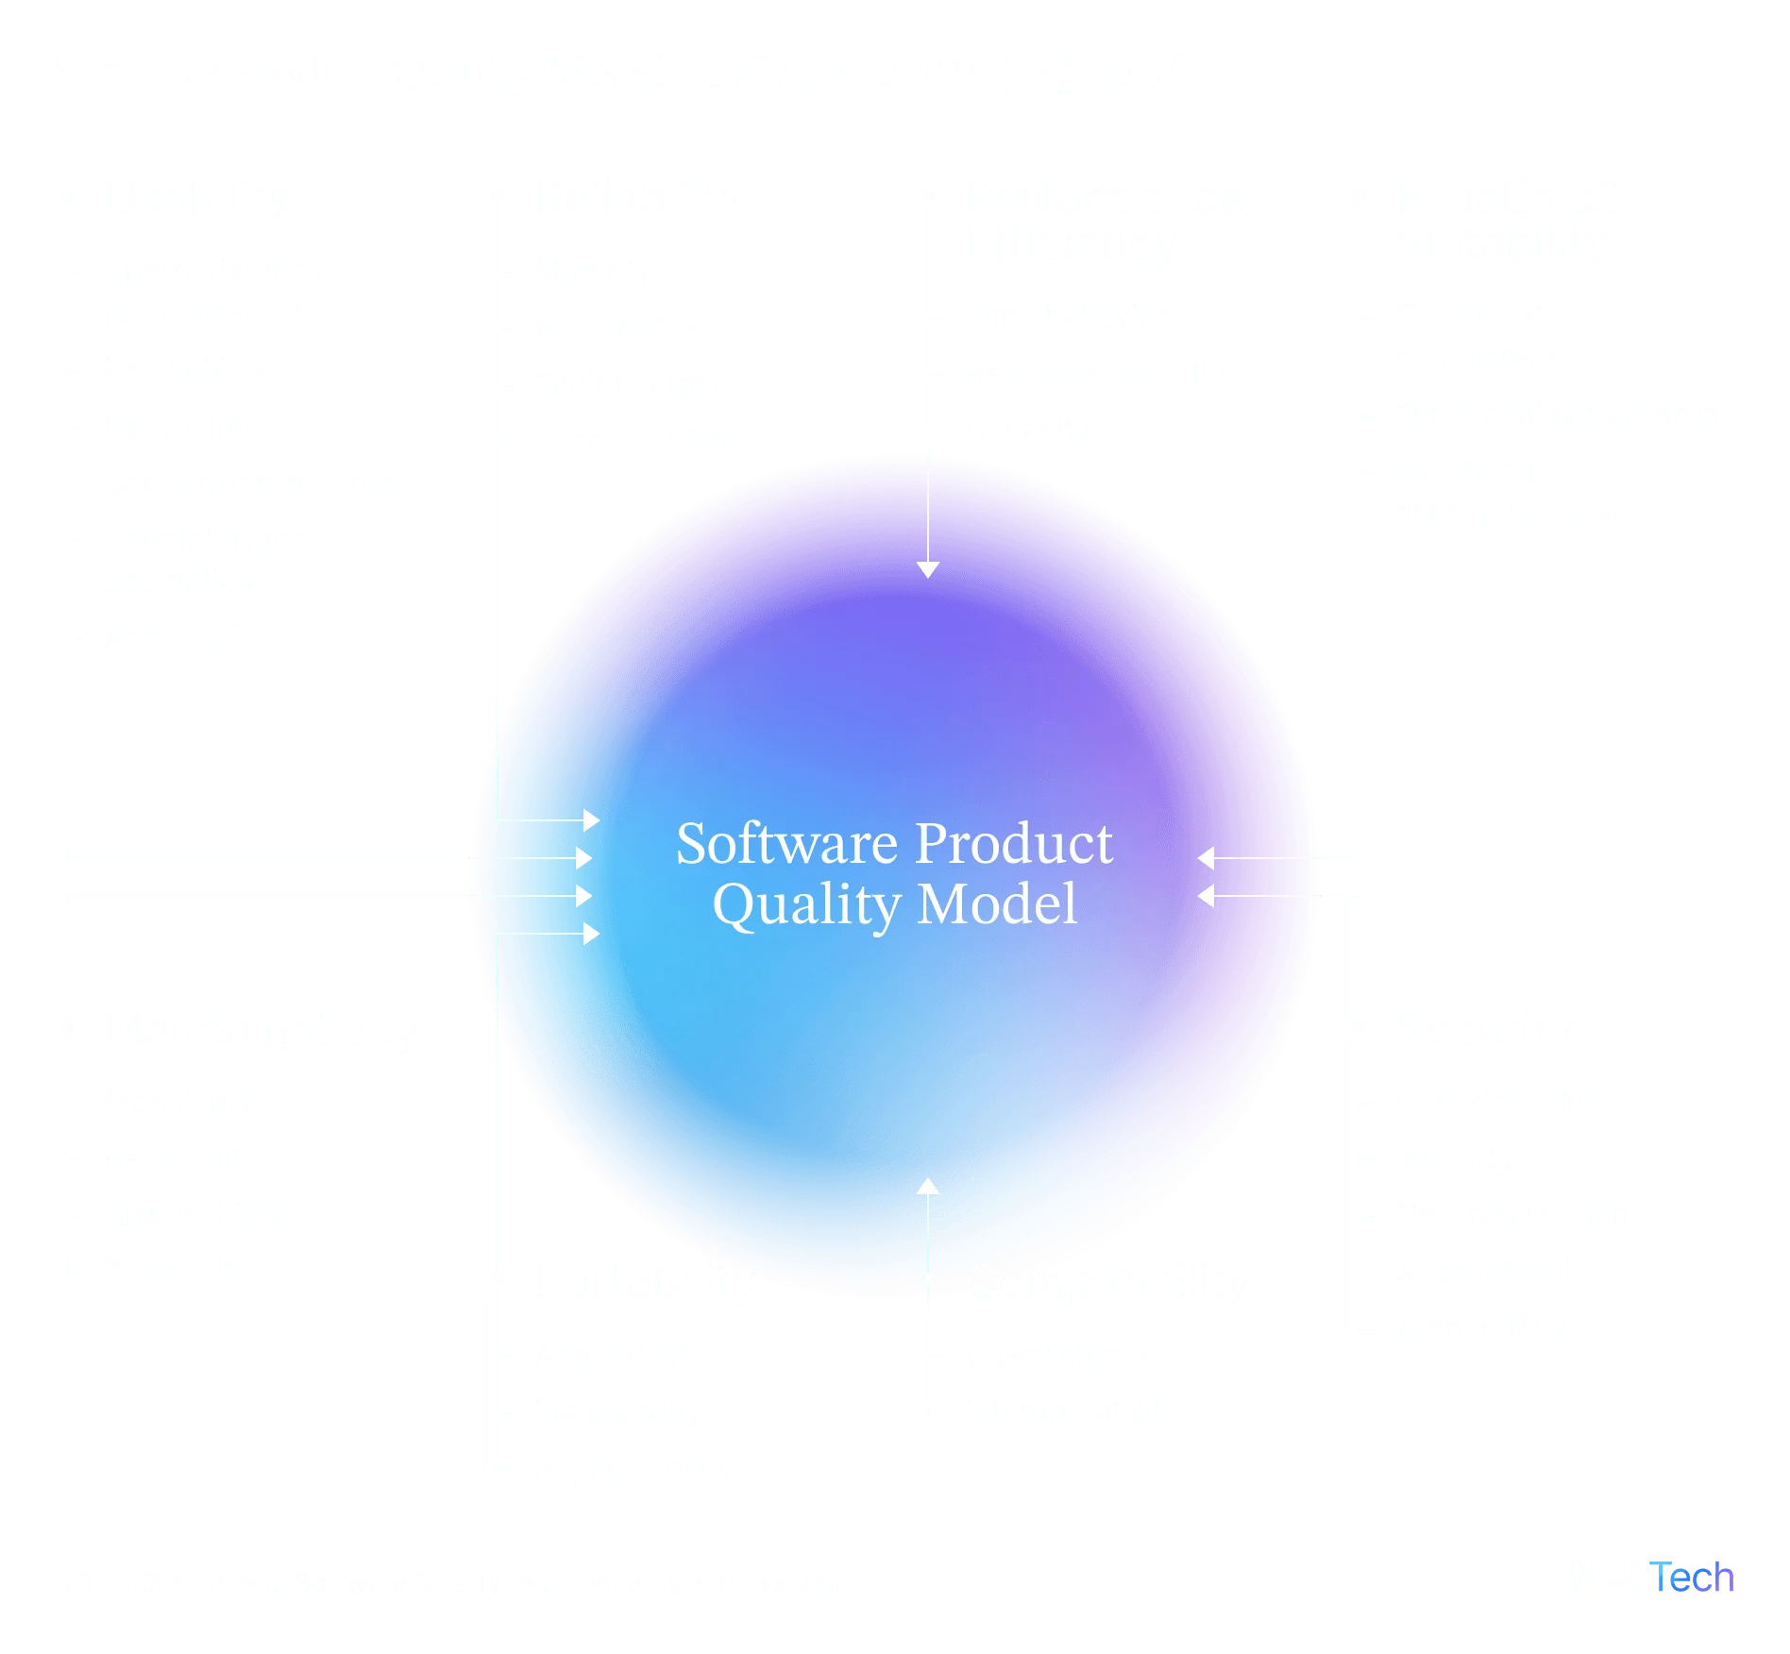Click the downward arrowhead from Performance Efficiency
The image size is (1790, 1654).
coord(928,568)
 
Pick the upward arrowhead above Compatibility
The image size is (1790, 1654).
coord(928,1187)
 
